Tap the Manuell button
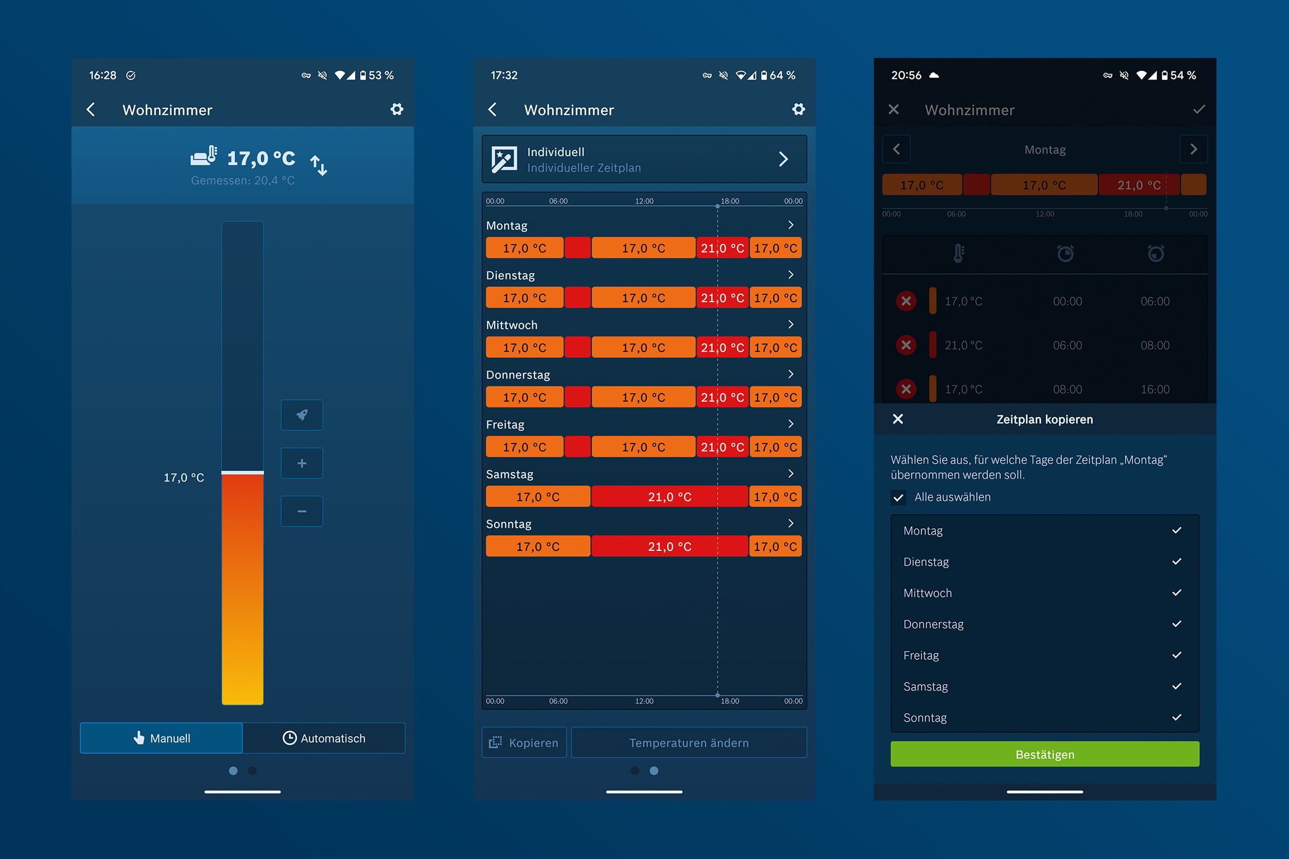161,738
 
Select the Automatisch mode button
324,738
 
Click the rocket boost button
302,414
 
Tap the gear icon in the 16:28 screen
397,109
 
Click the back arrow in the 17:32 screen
492,110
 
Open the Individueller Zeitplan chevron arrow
784,159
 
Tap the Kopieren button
524,742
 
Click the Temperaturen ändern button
689,742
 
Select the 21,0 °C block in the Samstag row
670,496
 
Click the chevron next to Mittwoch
791,324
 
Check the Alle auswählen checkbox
898,498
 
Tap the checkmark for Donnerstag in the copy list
1177,624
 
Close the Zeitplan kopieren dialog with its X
897,419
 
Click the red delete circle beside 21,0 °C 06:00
906,345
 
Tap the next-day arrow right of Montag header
1193,149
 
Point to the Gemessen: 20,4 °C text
243,180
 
